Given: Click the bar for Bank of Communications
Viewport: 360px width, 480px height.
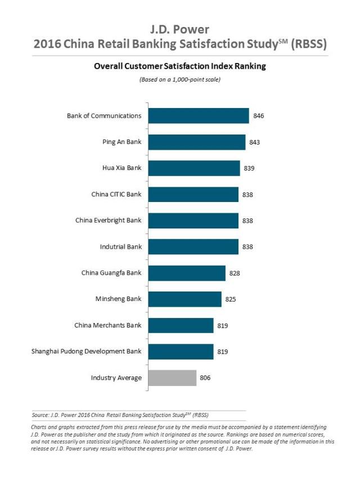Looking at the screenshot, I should (198, 116).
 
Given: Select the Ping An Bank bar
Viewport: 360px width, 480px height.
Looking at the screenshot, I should (196, 142).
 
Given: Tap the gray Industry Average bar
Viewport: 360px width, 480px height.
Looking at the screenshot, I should (172, 378).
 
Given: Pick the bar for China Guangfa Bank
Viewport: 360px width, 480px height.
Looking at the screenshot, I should (186, 273).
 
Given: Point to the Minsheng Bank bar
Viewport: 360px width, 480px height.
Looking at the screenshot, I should (184, 299).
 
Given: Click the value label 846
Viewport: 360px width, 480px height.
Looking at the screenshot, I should (259, 116).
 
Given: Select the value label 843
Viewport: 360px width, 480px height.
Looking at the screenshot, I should (255, 142).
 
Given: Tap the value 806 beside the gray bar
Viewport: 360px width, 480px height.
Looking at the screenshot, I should (206, 378).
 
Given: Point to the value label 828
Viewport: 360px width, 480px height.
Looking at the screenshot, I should (235, 273).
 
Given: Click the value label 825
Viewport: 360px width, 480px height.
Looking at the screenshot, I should (231, 299).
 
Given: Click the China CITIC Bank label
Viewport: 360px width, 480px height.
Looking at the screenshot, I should (116, 194).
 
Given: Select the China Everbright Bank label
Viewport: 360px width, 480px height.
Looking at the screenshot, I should (109, 221).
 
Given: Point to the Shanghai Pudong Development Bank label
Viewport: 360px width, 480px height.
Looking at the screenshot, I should (87, 351).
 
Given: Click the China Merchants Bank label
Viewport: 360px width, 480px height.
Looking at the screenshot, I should (108, 325).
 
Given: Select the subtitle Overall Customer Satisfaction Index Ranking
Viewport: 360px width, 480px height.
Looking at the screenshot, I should (179, 66).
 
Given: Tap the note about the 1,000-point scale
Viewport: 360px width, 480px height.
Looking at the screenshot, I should (179, 79).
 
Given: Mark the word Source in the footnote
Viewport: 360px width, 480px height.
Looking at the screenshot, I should (40, 415).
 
